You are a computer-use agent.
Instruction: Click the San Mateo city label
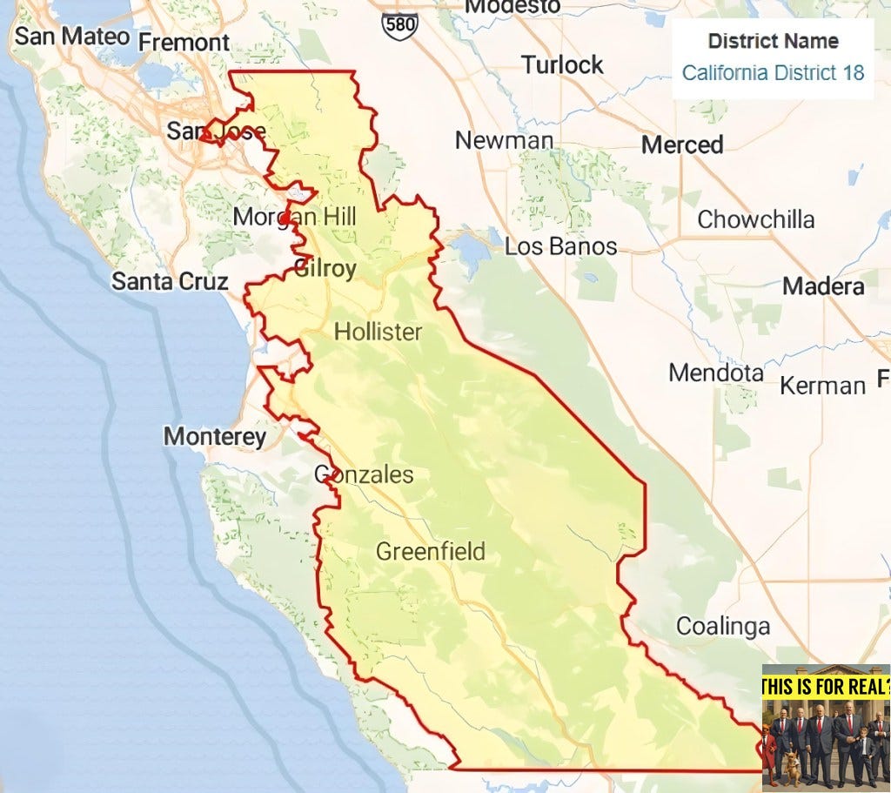(71, 37)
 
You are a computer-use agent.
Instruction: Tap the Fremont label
(184, 42)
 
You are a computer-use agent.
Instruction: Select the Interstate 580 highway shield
(399, 24)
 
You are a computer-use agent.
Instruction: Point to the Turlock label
(562, 64)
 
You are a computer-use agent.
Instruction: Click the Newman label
(504, 140)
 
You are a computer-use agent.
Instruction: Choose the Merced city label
(682, 144)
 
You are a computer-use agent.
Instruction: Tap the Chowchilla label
(755, 219)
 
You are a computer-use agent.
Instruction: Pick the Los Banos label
(560, 246)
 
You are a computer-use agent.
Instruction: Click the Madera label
(823, 286)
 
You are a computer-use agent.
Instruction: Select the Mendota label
(716, 373)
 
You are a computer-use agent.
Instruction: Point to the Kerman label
(822, 385)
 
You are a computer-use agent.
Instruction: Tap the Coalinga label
(723, 626)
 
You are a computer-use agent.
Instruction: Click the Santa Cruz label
(170, 281)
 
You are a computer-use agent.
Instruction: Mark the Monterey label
(215, 436)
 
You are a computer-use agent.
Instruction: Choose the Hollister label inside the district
(378, 332)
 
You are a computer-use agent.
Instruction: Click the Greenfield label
(430, 551)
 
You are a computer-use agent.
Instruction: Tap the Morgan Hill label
(294, 217)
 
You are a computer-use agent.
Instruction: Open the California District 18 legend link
(773, 72)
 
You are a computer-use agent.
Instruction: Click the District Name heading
(773, 41)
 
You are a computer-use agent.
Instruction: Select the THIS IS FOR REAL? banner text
(826, 687)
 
